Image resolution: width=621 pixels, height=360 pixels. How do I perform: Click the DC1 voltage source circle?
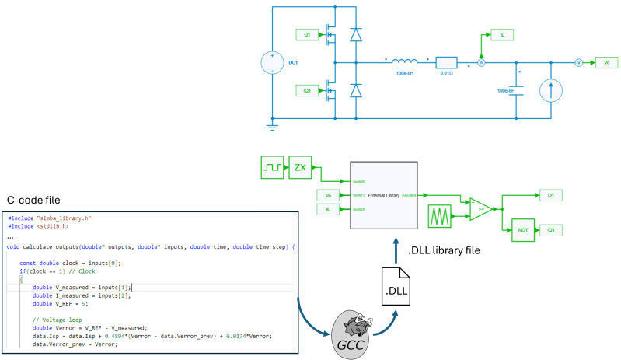coord(273,61)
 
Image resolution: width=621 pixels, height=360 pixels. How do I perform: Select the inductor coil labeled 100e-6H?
coord(406,63)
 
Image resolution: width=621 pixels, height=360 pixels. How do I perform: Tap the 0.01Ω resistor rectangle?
coord(447,63)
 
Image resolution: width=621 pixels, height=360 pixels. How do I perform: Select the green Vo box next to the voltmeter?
coord(605,63)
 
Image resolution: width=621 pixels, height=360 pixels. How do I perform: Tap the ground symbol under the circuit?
coord(273,124)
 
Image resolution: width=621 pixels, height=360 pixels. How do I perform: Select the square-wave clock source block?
coord(272,166)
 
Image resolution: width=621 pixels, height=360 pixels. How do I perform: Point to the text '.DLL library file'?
coord(445,250)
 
